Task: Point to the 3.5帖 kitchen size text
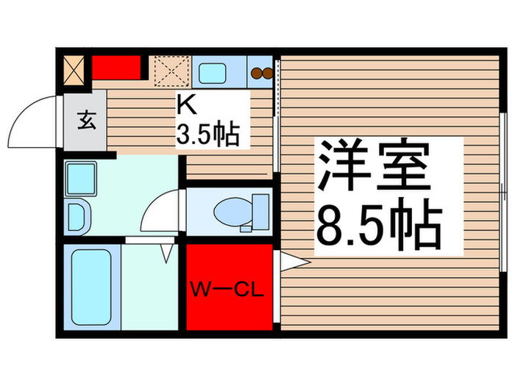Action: [x=206, y=134]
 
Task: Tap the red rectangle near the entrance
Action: [x=116, y=68]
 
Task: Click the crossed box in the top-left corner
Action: [x=74, y=68]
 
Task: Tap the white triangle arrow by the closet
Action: [x=291, y=261]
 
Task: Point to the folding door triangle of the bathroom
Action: [x=166, y=253]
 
